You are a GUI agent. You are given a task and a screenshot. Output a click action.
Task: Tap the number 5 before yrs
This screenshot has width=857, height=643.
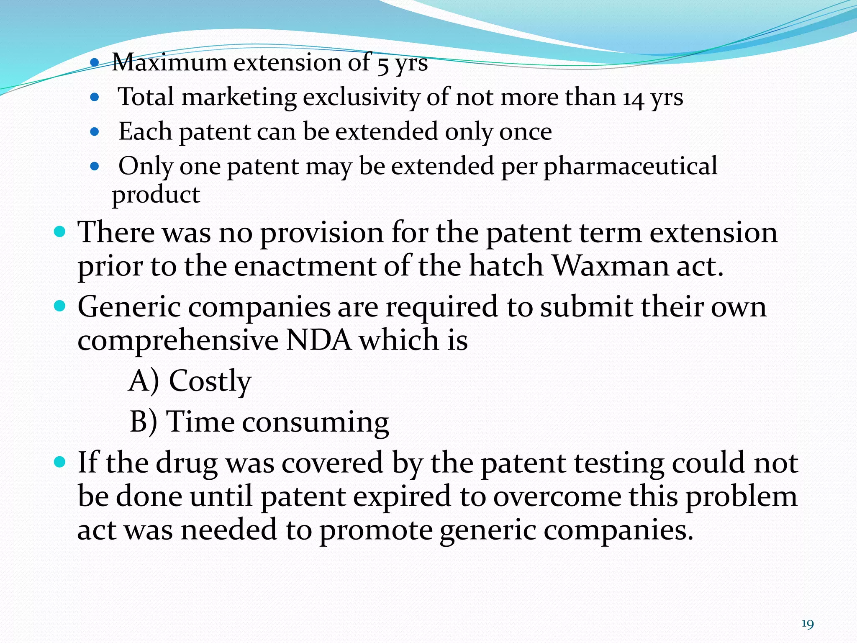pos(382,65)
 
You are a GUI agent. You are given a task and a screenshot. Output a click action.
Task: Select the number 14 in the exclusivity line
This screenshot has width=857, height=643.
pos(633,99)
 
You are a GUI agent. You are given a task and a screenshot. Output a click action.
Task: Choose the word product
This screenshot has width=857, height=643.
pos(156,195)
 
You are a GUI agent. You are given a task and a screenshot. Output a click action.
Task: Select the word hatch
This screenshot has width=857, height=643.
pos(506,266)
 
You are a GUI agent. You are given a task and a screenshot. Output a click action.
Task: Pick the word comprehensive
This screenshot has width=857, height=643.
pos(178,341)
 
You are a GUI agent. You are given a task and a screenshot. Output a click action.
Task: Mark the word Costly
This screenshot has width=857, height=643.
pos(210,382)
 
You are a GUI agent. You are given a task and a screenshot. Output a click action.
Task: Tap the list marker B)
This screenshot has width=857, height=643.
pos(144,422)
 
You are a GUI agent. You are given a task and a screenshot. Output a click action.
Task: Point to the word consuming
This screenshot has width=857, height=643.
pos(316,423)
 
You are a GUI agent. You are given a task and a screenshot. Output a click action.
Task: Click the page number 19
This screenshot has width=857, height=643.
pos(807,624)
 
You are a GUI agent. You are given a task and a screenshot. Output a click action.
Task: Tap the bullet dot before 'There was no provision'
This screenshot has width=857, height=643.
pos(60,231)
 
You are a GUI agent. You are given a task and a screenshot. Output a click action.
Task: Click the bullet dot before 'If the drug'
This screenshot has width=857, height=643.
pos(60,462)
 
